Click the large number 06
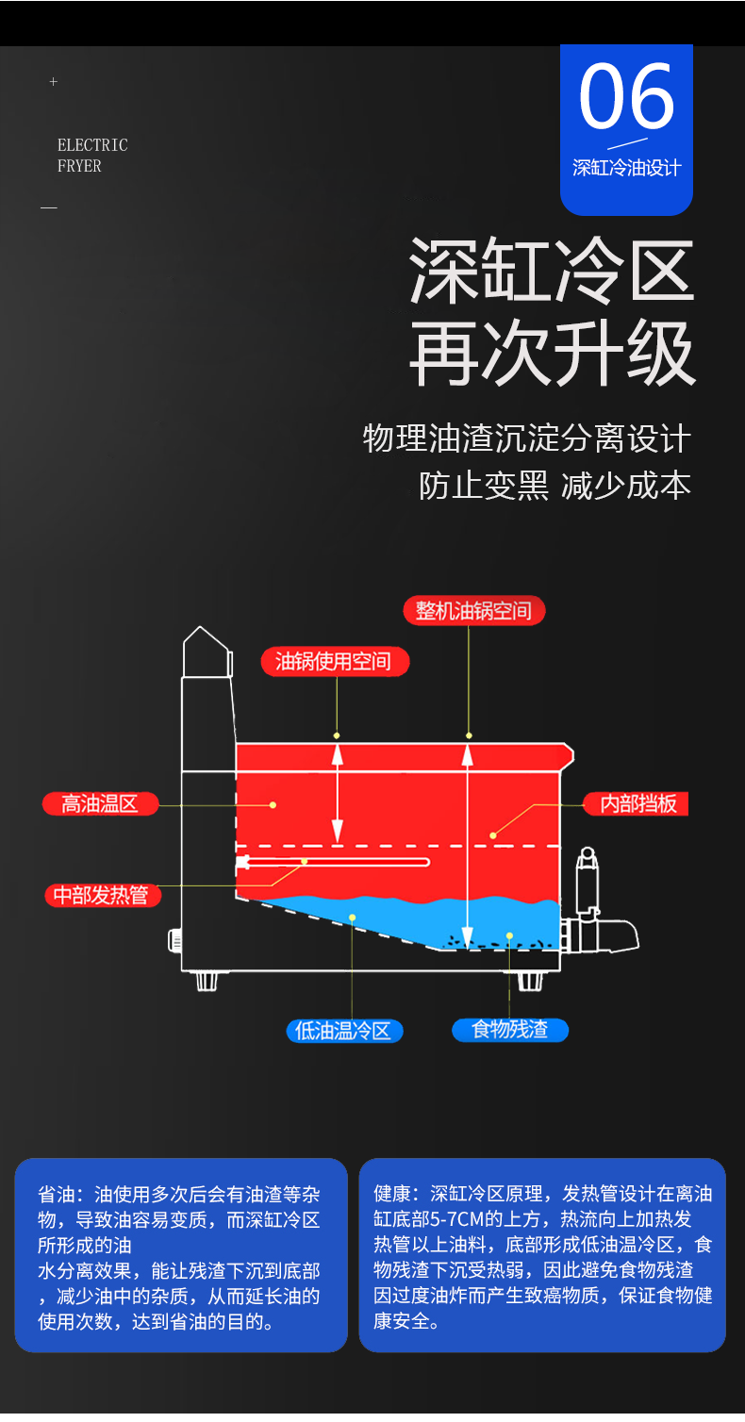click(x=626, y=97)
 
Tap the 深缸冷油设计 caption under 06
click(x=626, y=168)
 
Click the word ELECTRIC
click(x=92, y=145)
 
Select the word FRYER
click(x=79, y=166)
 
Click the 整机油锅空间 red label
click(x=473, y=610)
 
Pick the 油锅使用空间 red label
click(x=335, y=661)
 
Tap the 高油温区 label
click(x=100, y=804)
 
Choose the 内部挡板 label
click(x=638, y=803)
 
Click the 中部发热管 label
click(x=101, y=895)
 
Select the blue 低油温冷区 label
click(x=343, y=1031)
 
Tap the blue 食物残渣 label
click(x=509, y=1029)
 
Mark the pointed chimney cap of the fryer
click(x=206, y=652)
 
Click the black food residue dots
click(x=490, y=939)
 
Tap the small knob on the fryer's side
click(x=174, y=940)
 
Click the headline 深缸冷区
click(x=551, y=271)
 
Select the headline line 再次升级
click(x=551, y=355)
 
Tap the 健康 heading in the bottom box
click(x=392, y=1194)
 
